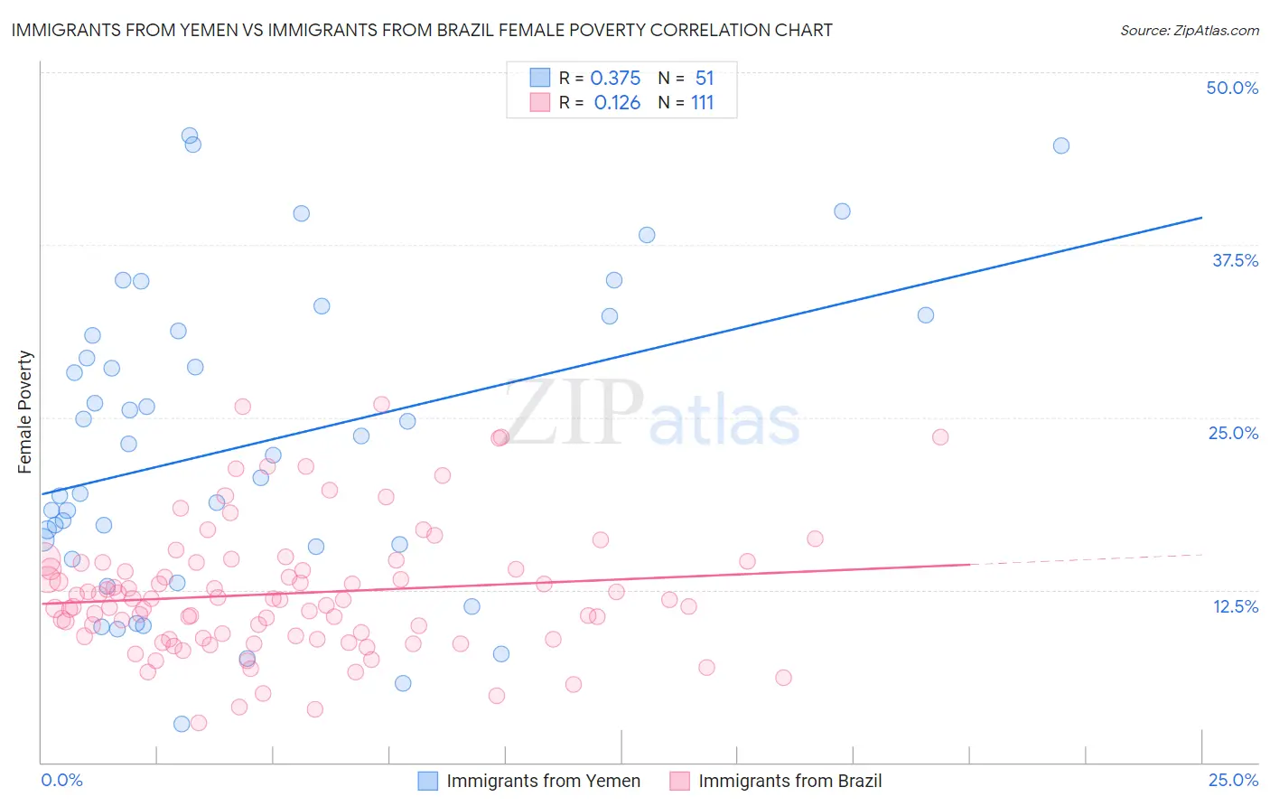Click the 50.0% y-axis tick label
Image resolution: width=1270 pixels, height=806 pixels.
point(1232,88)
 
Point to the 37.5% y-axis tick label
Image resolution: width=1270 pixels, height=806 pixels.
point(1235,260)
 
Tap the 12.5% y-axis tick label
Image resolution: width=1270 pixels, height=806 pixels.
point(1235,606)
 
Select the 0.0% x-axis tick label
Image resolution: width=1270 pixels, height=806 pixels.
point(61,780)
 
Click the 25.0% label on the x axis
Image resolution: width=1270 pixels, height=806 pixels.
point(1233,780)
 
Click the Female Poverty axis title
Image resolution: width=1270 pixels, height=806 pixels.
point(24,412)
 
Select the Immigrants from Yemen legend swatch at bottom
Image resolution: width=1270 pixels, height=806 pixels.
point(428,781)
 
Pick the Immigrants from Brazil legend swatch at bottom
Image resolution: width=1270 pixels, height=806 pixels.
point(679,781)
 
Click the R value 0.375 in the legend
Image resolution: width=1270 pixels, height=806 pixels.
point(615,79)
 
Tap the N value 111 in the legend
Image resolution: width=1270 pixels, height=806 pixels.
point(702,103)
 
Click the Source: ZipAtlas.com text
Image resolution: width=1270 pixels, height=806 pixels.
point(1189,30)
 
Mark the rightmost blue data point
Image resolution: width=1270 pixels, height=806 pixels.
point(1061,145)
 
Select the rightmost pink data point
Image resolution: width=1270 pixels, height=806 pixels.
point(940,437)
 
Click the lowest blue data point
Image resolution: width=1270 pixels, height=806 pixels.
point(182,724)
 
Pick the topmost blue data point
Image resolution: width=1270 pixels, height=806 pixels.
point(190,136)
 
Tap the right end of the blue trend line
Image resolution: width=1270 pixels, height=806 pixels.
point(1201,218)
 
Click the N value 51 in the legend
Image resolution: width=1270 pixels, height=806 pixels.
point(705,79)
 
